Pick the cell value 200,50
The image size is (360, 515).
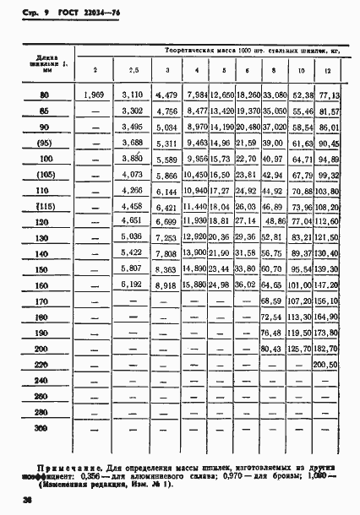(x=325, y=365)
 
